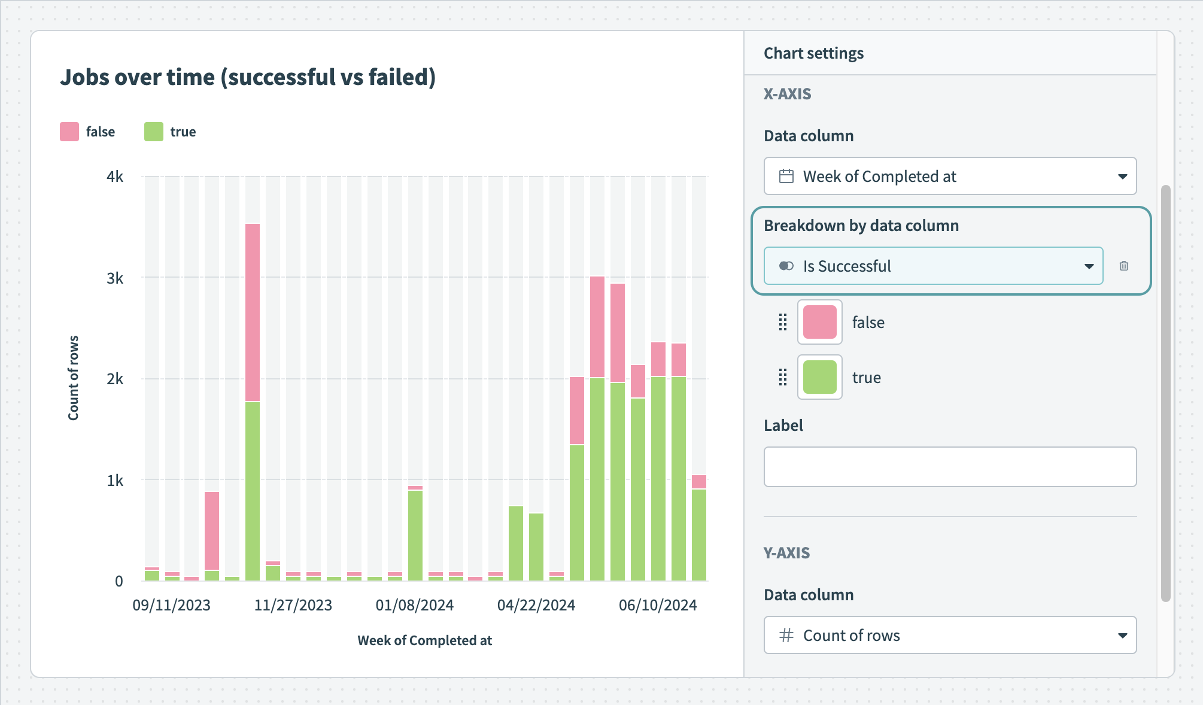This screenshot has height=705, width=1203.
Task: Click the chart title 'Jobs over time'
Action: click(x=247, y=77)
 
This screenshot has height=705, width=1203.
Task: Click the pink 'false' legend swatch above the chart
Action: click(x=69, y=132)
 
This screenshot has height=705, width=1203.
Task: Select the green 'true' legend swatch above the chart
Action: click(x=154, y=132)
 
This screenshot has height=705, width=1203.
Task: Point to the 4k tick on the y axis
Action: click(x=115, y=177)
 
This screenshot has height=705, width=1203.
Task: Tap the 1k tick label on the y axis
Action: click(x=115, y=480)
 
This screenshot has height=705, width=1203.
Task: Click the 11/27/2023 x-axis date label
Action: click(x=293, y=605)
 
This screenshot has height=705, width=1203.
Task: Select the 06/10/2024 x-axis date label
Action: click(x=657, y=605)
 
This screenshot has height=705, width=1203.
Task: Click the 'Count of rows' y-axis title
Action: click(x=73, y=378)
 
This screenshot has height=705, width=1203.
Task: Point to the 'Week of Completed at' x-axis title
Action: click(x=424, y=640)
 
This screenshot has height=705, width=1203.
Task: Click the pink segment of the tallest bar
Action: click(x=253, y=311)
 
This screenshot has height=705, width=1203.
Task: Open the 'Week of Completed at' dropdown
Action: click(x=950, y=176)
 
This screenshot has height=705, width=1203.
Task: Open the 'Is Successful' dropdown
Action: click(x=933, y=266)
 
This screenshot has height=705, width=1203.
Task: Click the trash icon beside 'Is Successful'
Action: click(x=1123, y=266)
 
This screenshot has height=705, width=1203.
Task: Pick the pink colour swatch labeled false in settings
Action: click(x=819, y=322)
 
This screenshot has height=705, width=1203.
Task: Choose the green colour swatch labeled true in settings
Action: click(x=819, y=377)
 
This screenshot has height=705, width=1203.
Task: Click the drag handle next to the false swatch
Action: click(x=782, y=322)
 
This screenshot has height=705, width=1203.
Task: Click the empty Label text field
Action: click(x=950, y=467)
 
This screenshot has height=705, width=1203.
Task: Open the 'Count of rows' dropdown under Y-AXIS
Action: click(x=950, y=635)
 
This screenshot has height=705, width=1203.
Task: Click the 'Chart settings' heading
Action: click(x=813, y=53)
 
